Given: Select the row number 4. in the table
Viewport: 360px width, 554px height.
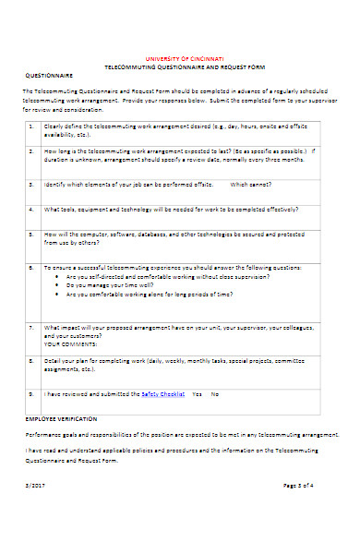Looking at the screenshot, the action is (30, 208).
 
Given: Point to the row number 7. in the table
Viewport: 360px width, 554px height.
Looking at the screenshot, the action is (30, 327).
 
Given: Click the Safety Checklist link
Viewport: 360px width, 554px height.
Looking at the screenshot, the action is (162, 393).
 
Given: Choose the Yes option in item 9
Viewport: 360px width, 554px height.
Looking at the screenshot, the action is (197, 393).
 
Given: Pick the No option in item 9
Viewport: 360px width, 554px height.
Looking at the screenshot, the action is (215, 393).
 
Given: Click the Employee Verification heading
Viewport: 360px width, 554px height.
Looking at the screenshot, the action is (56, 418).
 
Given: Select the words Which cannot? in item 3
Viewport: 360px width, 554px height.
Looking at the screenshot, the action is (251, 184).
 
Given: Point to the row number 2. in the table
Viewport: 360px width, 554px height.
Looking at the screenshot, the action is (30, 150).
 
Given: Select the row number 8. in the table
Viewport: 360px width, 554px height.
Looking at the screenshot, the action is (30, 361).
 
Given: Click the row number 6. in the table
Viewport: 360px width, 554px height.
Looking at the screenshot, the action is (30, 266).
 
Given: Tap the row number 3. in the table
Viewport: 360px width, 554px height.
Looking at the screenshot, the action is (30, 184).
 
